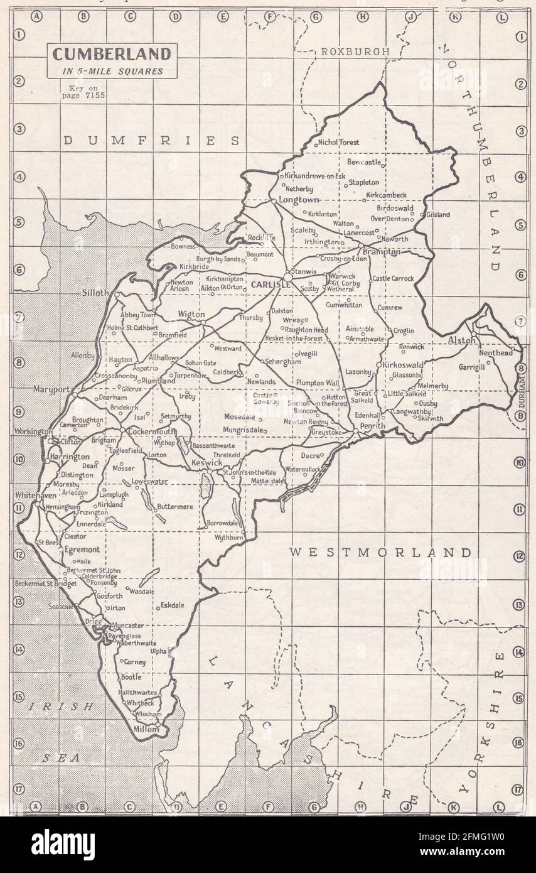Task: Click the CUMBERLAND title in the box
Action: click(x=111, y=54)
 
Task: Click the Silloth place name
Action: click(x=95, y=293)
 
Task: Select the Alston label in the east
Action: click(x=463, y=340)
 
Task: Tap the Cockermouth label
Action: click(x=151, y=432)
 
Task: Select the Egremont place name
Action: click(x=82, y=549)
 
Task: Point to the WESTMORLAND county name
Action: click(x=380, y=553)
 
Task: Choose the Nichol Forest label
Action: click(x=339, y=143)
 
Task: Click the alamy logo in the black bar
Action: click(x=63, y=845)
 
